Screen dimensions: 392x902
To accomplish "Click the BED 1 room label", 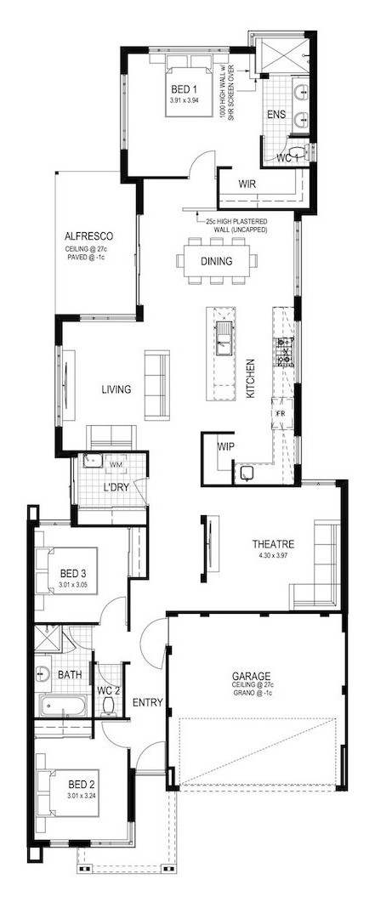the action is tap(185, 89).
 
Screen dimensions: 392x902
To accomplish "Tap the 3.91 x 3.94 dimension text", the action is tap(185, 99).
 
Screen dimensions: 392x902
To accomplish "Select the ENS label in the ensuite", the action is tap(276, 115).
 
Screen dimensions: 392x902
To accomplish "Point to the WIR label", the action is tap(247, 184).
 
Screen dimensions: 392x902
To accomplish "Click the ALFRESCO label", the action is tap(88, 235).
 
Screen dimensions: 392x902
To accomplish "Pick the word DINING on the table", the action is tap(217, 261).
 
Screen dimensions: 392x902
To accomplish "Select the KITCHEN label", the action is tap(250, 379).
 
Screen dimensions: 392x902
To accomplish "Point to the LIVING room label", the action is tap(116, 389).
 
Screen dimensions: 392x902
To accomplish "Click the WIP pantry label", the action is tap(225, 445).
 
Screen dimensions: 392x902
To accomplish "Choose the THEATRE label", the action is tap(274, 543).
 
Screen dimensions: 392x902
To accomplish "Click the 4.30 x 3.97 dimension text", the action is tap(274, 554).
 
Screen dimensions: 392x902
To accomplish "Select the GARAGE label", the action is tap(252, 676).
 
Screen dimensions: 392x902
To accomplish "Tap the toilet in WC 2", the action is tap(108, 706).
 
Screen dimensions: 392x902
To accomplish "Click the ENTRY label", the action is tap(147, 702).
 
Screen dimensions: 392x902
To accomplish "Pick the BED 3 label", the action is tap(73, 574).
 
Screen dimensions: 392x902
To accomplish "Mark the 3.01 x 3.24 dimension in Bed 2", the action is tap(81, 795).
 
